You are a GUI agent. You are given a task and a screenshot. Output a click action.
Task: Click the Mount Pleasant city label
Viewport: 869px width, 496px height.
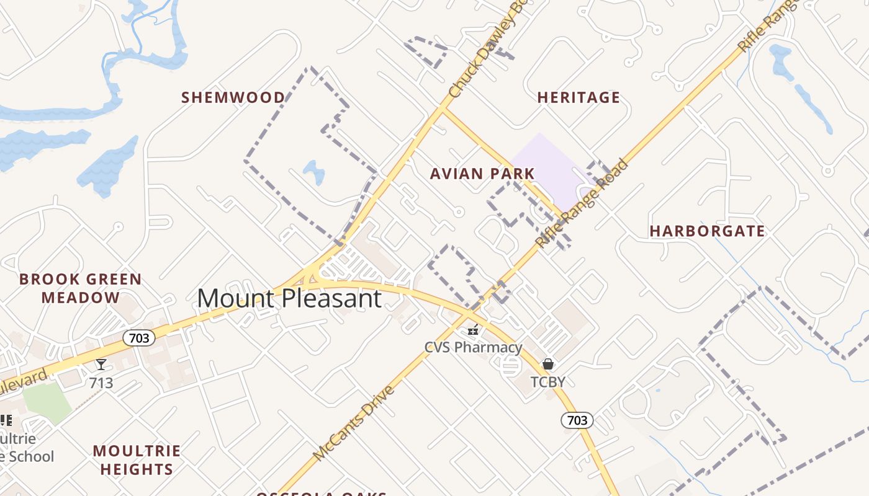point(289,299)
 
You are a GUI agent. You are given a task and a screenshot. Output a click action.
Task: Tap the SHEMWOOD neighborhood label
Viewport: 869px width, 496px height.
point(233,97)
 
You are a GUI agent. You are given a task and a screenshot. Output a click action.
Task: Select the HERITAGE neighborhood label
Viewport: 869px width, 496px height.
point(579,97)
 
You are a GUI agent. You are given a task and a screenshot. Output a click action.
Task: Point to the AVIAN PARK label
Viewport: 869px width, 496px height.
point(482,174)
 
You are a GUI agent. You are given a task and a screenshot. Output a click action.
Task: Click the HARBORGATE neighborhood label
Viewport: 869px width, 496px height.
point(707,231)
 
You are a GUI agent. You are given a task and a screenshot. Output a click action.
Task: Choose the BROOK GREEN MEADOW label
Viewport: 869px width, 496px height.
point(81,288)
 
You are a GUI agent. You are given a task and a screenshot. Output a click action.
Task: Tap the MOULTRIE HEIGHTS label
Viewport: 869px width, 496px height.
point(137,459)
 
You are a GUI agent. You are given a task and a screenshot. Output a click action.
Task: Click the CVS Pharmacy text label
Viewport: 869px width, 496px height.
point(474,347)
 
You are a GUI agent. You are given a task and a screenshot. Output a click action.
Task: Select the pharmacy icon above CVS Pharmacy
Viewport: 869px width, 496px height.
point(474,330)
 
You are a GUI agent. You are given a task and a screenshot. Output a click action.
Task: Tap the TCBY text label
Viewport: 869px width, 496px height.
point(548,381)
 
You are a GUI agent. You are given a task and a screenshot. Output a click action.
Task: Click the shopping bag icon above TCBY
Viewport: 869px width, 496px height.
point(548,364)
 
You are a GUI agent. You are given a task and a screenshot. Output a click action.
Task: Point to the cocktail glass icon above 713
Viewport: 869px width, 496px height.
point(101,365)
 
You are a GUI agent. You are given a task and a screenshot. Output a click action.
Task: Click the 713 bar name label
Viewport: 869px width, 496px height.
point(101,383)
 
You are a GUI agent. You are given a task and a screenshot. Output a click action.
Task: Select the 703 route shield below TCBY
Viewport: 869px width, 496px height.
point(577,420)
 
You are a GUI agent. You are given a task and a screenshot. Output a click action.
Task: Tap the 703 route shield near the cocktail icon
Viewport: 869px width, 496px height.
point(138,338)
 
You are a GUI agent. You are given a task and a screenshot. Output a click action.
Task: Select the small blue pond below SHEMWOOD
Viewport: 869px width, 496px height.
point(314,172)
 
